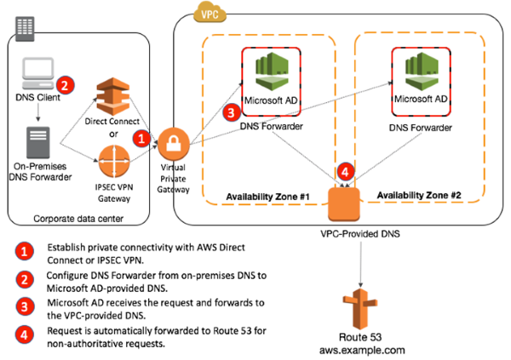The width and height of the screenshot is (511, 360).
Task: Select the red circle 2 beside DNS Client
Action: coord(64,84)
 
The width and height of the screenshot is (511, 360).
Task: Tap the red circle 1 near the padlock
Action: coord(144,134)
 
